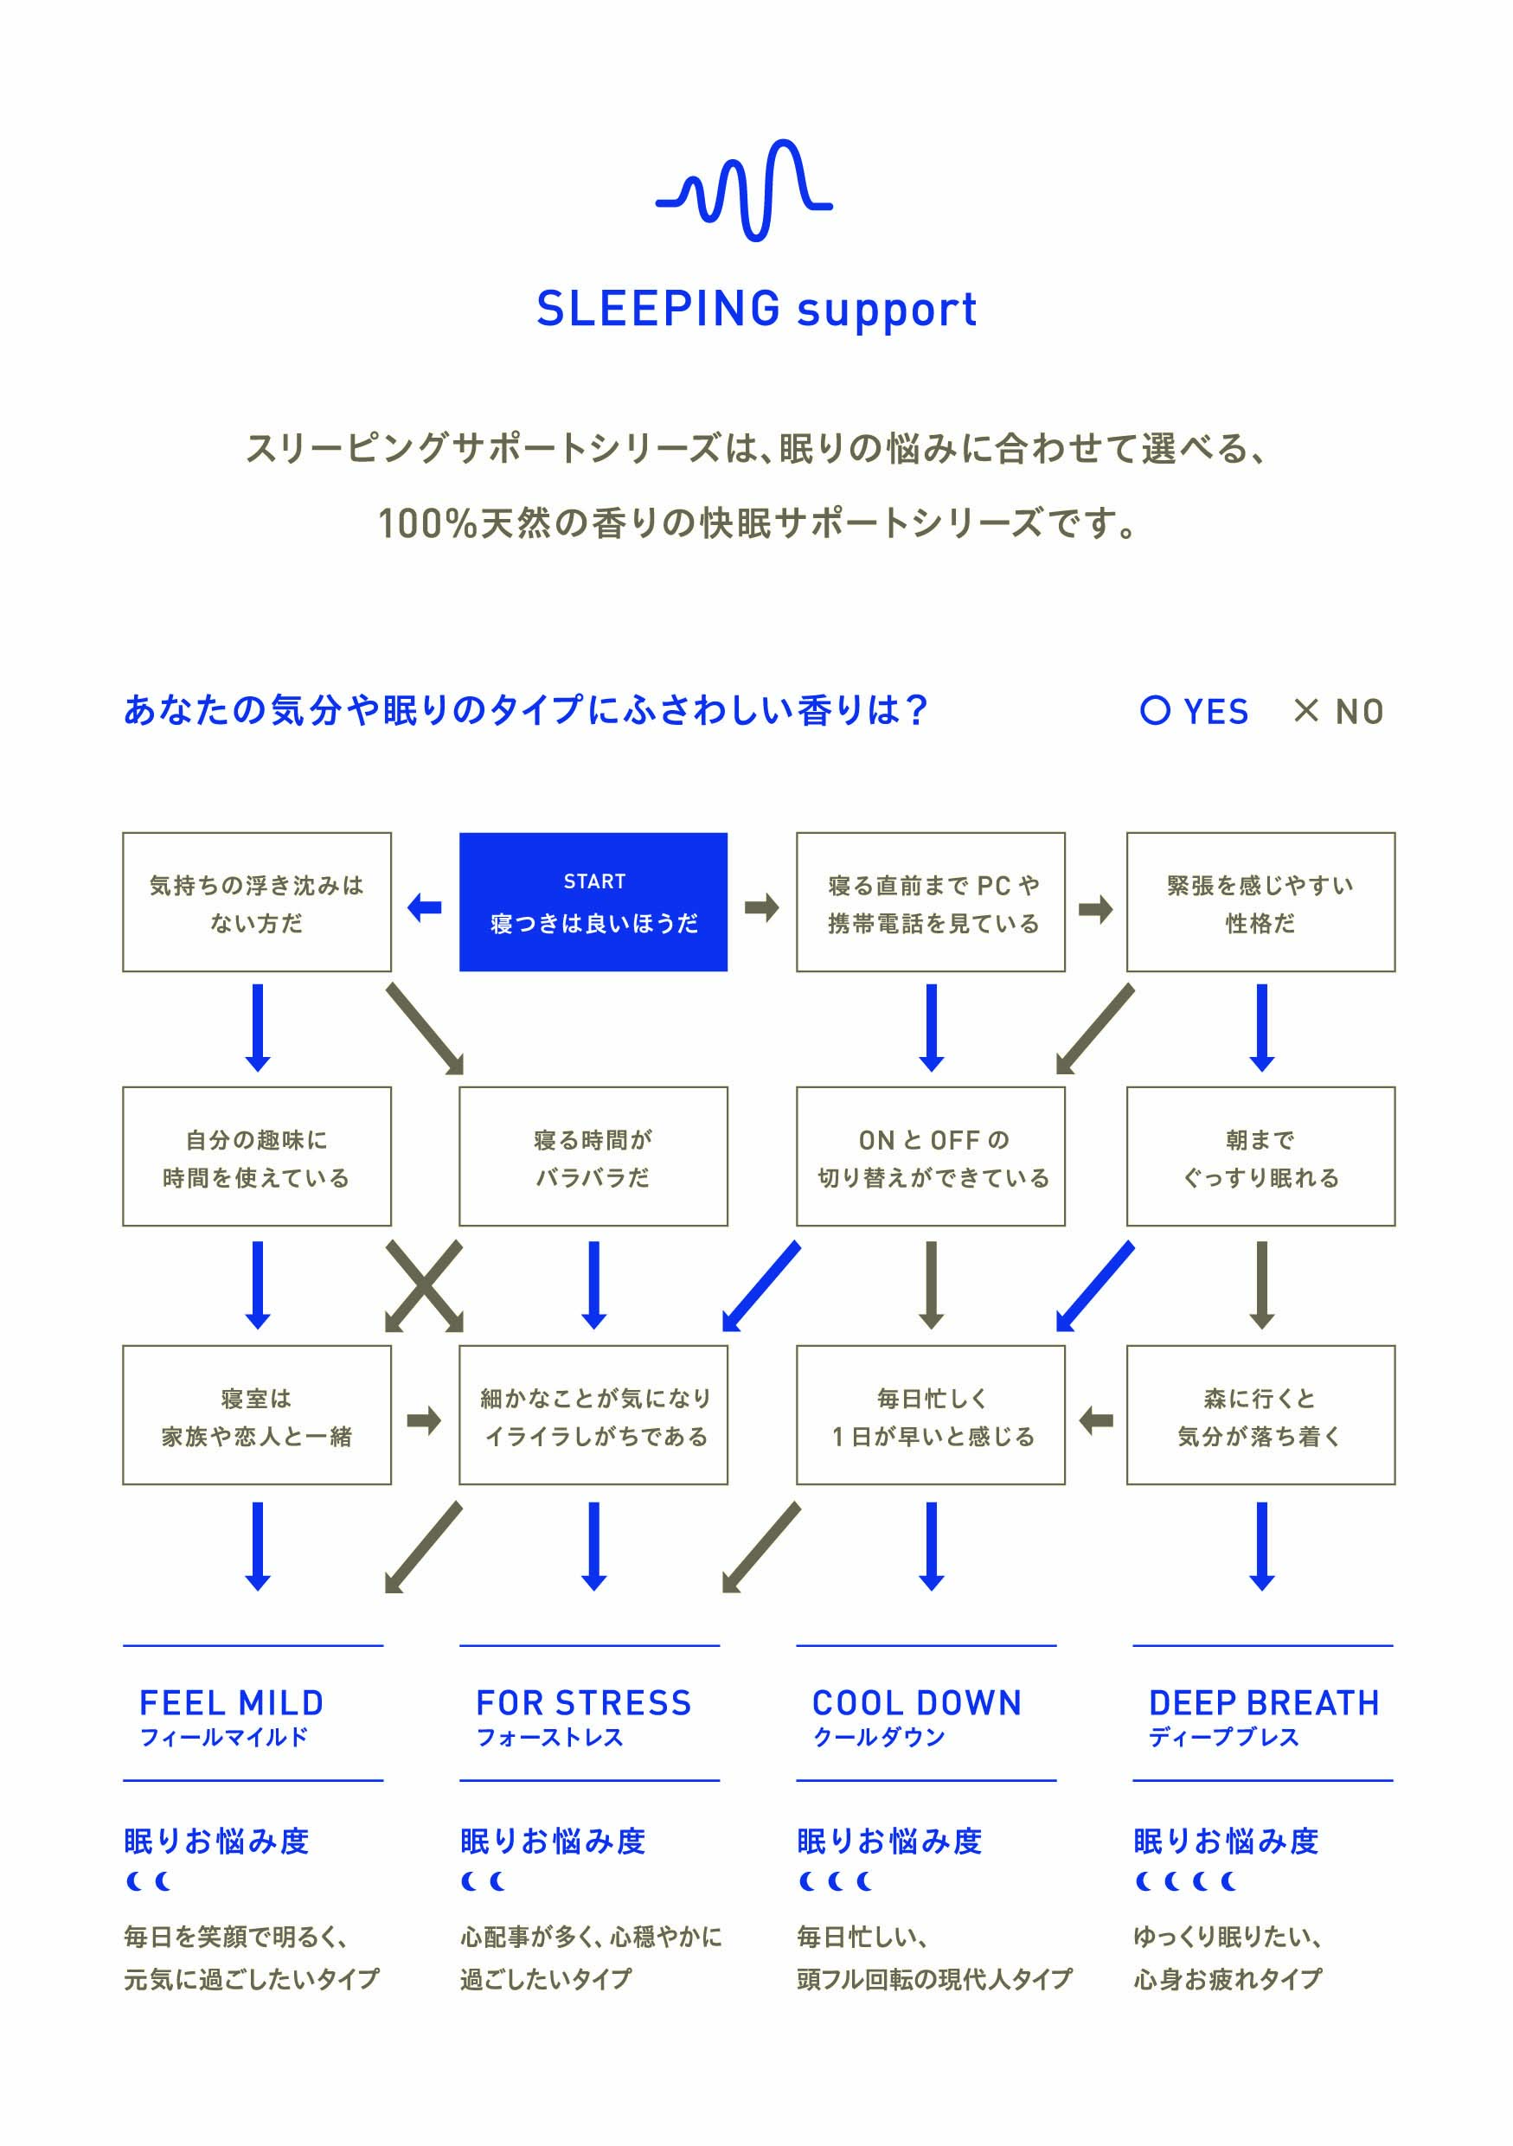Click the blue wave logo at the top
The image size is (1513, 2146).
point(744,190)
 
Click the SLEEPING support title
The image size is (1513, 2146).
point(756,310)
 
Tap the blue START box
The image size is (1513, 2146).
point(593,901)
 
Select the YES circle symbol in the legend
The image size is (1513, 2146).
point(1155,710)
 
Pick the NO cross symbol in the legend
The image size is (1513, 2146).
point(1305,710)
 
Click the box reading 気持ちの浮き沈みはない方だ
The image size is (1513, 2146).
point(256,901)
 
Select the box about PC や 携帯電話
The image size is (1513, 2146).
point(930,901)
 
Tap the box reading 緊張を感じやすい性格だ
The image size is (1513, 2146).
point(1260,901)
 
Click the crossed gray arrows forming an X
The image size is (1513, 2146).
point(424,1285)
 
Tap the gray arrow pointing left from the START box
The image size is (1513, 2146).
point(424,906)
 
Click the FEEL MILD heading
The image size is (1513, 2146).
point(231,1703)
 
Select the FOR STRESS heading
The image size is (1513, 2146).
point(583,1703)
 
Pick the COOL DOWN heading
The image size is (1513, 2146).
point(916,1703)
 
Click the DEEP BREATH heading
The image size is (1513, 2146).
point(1264,1703)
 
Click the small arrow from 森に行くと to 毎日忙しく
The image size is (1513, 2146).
point(1095,1420)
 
